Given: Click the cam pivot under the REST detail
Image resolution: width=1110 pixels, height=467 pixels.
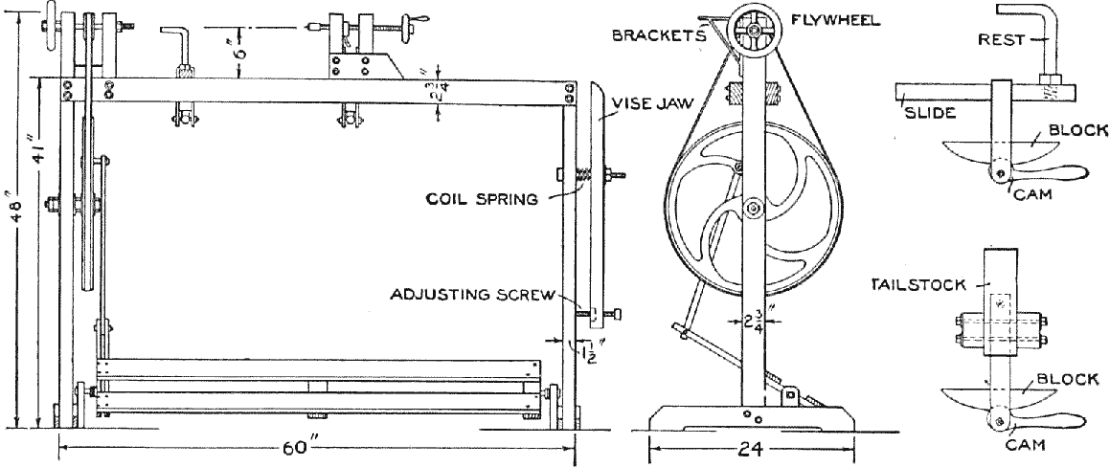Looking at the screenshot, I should pyautogui.click(x=998, y=173).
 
